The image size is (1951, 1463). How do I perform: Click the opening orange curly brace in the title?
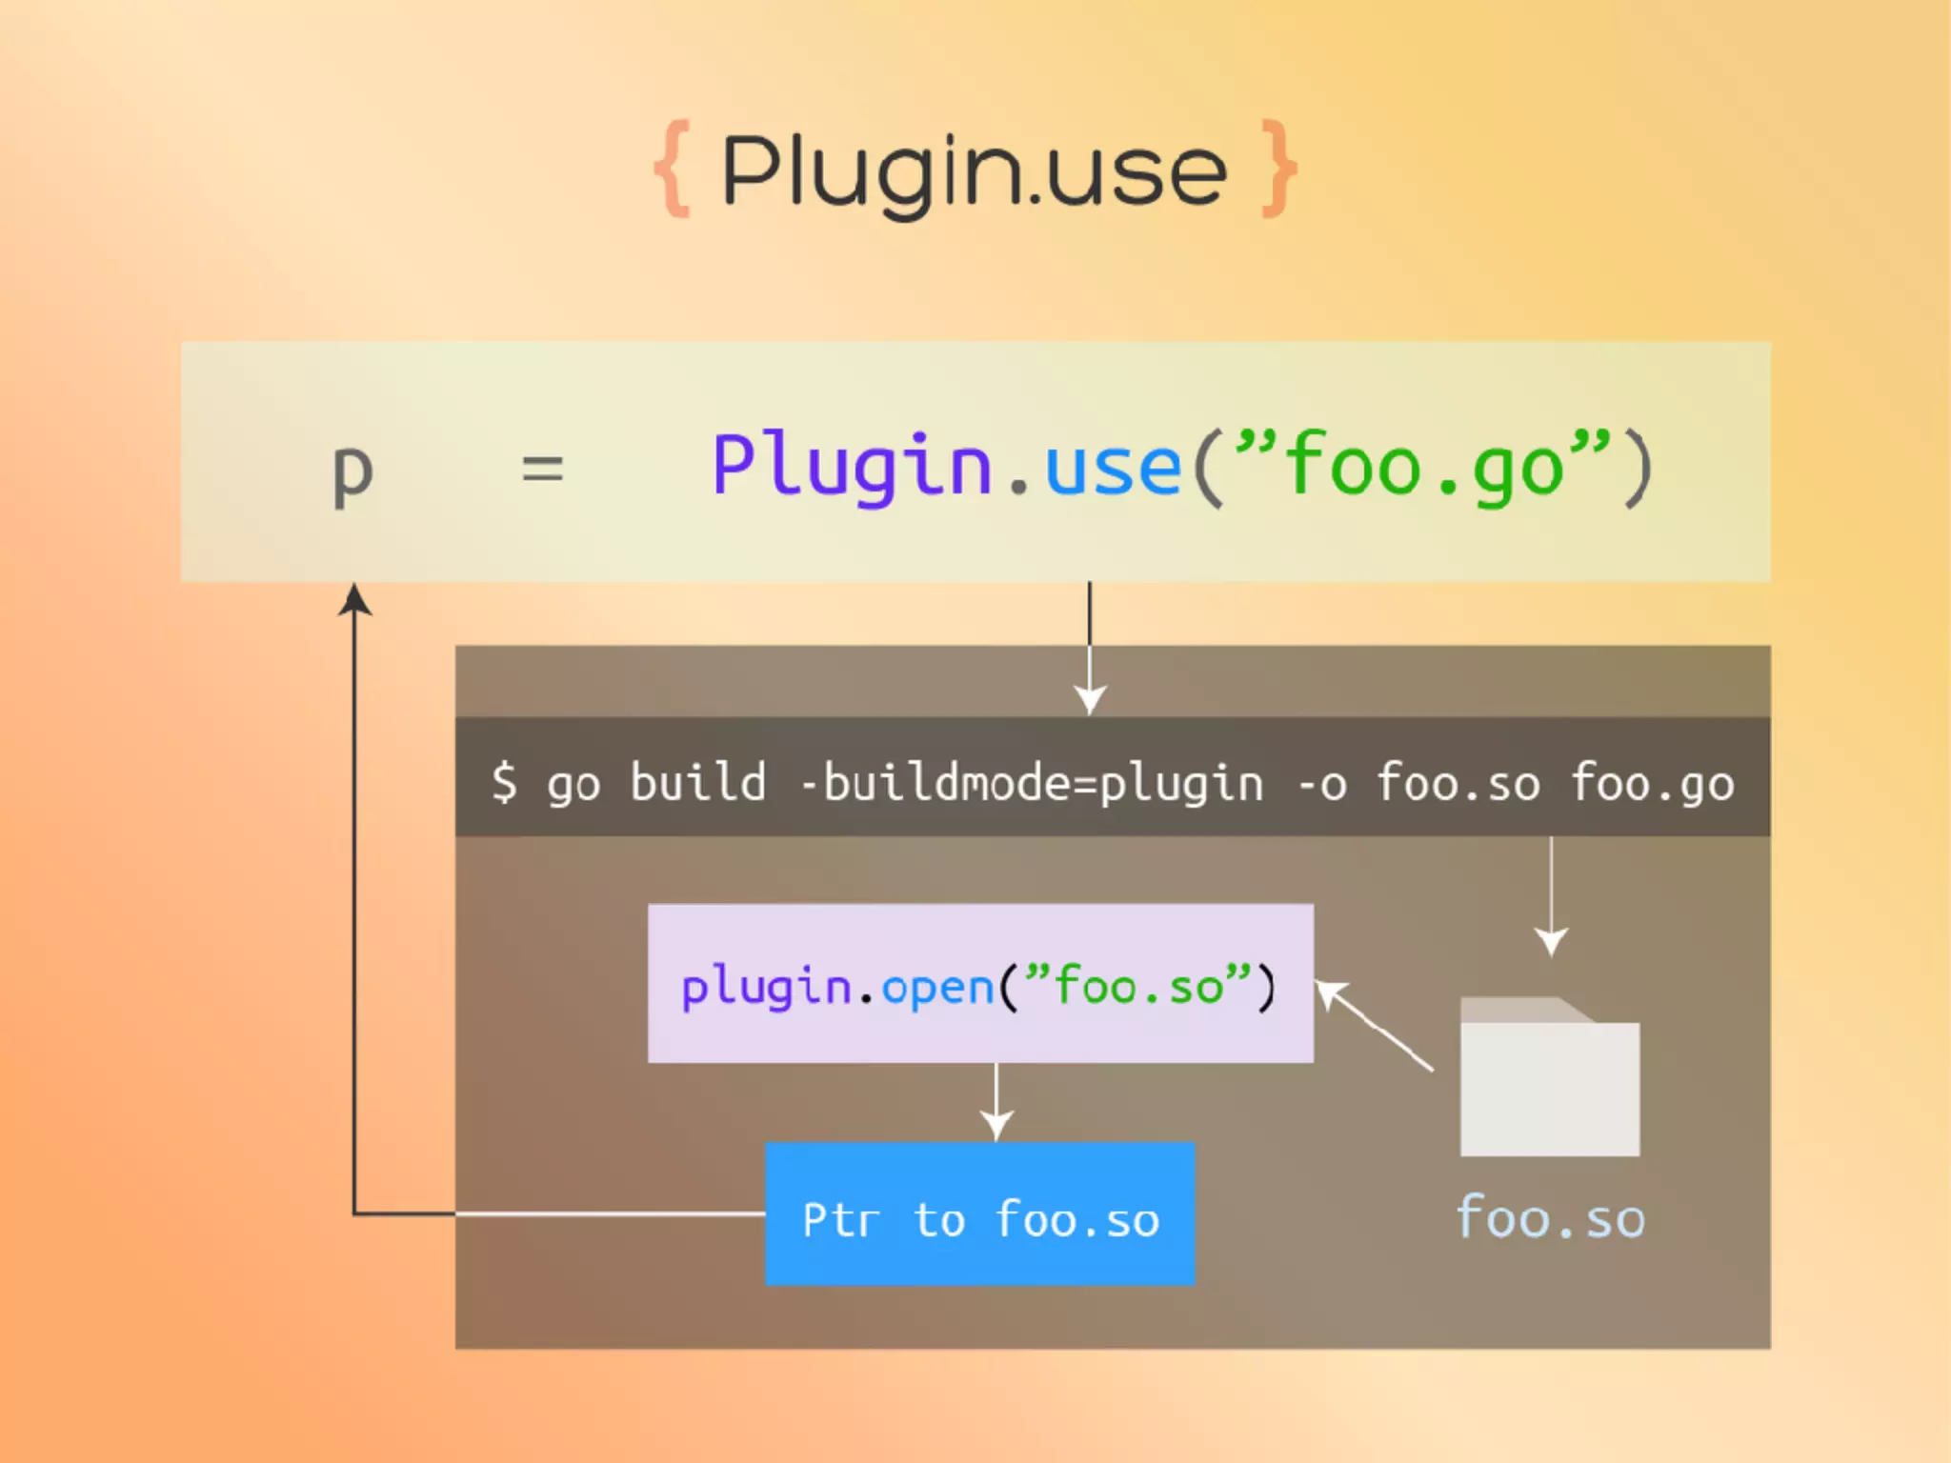pyautogui.click(x=673, y=169)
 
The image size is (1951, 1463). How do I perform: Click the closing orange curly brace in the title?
pyautogui.click(x=1277, y=169)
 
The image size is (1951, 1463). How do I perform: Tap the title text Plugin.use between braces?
pyautogui.click(x=974, y=171)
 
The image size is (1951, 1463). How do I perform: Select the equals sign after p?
pyautogui.click(x=542, y=469)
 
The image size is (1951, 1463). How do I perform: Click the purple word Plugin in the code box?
pyautogui.click(x=852, y=466)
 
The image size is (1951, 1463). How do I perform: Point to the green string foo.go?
pyautogui.click(x=1424, y=466)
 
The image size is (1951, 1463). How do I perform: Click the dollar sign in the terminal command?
pyautogui.click(x=504, y=782)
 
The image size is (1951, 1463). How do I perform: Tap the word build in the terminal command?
pyautogui.click(x=697, y=782)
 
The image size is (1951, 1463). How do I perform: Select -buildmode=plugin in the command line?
pyautogui.click(x=1032, y=784)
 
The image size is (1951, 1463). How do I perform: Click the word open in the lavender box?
pyautogui.click(x=937, y=988)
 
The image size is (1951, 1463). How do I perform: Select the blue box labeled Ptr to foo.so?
pyautogui.click(x=979, y=1214)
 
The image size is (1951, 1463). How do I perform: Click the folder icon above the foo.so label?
pyautogui.click(x=1549, y=1078)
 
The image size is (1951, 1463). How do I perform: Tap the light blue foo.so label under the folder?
pyautogui.click(x=1550, y=1219)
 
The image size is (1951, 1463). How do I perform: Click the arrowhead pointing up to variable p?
pyautogui.click(x=354, y=600)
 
